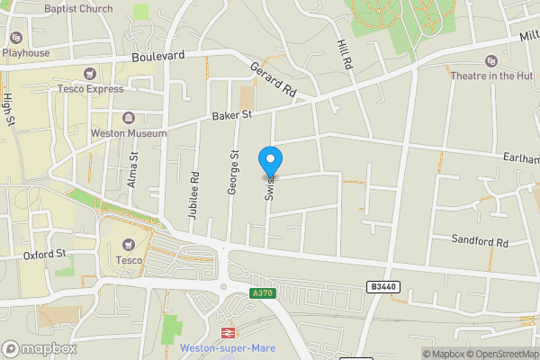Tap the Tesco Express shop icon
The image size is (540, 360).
point(89,74)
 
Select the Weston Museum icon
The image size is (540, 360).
point(129,118)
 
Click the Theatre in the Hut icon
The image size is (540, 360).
point(490,61)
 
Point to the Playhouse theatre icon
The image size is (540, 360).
point(15,38)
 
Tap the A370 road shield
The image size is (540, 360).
point(262,293)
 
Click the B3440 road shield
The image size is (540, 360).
point(382,286)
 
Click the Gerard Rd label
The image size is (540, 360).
point(273,79)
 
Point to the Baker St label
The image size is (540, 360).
point(232,115)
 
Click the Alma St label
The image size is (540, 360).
point(132,168)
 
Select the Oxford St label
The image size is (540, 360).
point(46,255)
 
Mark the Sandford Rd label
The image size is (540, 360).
point(481,242)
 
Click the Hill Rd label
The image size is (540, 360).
point(343,57)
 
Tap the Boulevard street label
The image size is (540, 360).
point(157,56)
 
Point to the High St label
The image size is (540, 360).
point(8,110)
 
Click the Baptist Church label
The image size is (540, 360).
point(78,8)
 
